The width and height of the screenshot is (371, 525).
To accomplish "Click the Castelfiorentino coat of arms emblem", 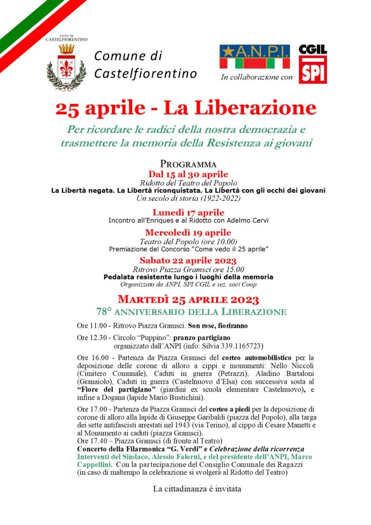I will tap(67, 67).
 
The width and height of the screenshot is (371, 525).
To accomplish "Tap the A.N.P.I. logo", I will tap(255, 56).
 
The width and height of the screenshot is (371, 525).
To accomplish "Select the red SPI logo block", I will tap(313, 72).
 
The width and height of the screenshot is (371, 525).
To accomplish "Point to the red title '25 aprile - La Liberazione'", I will tap(186, 108).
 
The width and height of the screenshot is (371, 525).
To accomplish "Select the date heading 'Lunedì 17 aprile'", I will tap(188, 212).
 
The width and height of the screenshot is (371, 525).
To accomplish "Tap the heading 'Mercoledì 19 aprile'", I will tap(188, 233).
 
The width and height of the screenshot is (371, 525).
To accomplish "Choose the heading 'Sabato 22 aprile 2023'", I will tap(188, 260).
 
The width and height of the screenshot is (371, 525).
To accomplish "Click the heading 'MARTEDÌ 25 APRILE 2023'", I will tap(188, 299).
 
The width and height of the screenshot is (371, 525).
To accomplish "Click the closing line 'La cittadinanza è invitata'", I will tap(197, 489).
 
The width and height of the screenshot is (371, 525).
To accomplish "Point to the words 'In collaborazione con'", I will tap(257, 77).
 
